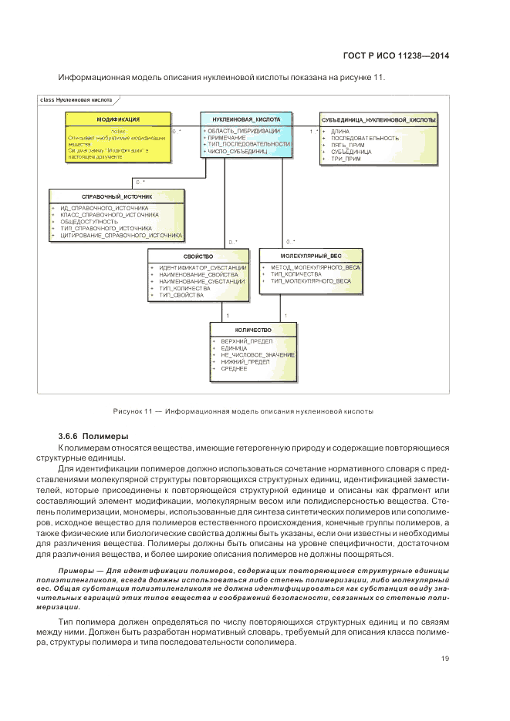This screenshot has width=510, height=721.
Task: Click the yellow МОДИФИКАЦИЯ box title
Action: click(x=118, y=119)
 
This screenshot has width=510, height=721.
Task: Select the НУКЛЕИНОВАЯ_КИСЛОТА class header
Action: click(x=246, y=119)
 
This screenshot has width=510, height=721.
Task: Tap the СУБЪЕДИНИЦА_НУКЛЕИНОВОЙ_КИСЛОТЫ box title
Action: click(x=379, y=119)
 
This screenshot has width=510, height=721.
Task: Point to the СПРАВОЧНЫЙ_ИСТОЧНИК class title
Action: click(x=117, y=196)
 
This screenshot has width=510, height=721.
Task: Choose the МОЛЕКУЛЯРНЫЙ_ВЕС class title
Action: click(x=311, y=255)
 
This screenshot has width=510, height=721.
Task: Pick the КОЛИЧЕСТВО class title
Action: click(x=252, y=329)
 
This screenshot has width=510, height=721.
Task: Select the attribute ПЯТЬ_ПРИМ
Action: click(x=347, y=145)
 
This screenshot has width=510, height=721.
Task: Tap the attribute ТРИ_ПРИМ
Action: click(x=346, y=159)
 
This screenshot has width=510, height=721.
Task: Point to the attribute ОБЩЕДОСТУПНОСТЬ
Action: click(x=87, y=222)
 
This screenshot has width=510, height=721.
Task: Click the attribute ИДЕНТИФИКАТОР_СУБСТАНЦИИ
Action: click(x=202, y=267)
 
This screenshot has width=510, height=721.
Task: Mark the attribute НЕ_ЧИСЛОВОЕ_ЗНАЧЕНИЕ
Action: click(x=257, y=354)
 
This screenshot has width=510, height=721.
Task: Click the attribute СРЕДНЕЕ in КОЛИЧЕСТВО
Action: click(x=234, y=369)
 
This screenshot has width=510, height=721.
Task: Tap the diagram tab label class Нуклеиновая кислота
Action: click(x=74, y=100)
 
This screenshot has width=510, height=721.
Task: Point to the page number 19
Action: click(x=445, y=658)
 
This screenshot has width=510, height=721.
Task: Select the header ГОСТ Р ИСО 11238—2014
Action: click(x=395, y=55)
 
